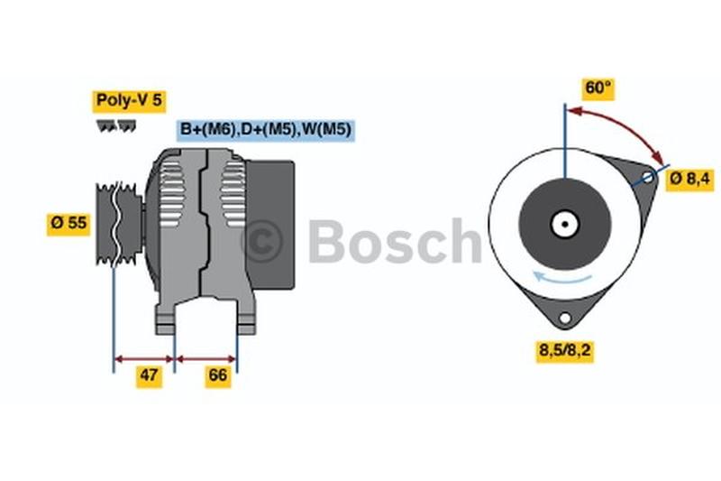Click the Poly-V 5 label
pos(129,101)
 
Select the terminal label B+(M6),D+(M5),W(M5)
pos(266,130)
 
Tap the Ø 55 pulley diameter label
pos(68,223)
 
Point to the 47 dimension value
pos(149,375)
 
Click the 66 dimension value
pos(217,375)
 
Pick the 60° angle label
pos(598,88)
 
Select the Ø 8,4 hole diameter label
pos(690,179)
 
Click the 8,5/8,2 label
pos(565,351)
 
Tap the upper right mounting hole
pos(647,177)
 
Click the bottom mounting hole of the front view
pos(565,318)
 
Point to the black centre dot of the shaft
pos(565,225)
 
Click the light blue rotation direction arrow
pos(561,278)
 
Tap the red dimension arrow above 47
pos(144,359)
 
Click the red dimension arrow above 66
pos(206,359)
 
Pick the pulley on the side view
pos(119,224)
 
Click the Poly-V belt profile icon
pos(116,125)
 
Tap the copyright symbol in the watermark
pos(262,241)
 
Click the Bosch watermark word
pos(395,241)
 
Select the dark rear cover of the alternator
pos(270,225)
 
